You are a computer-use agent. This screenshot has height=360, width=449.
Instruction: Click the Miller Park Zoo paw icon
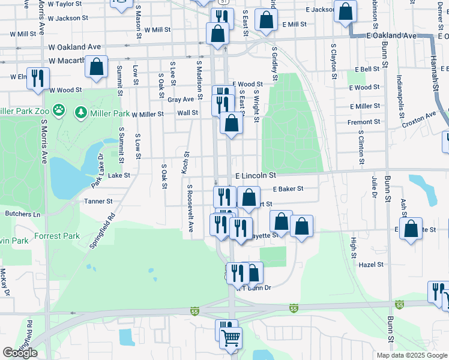[x=59, y=110]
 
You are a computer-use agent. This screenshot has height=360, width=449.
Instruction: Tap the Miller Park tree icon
[x=80, y=112]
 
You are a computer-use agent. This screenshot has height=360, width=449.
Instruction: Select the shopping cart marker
[x=231, y=338]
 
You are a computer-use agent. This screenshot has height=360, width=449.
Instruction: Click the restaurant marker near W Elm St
[x=38, y=79]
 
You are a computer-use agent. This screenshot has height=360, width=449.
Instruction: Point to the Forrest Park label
[x=57, y=236]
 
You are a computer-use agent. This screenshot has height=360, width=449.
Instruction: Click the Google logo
[x=20, y=353]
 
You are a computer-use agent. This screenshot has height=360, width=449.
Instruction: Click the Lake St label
[x=119, y=176]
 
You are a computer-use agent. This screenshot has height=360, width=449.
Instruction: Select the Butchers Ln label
[x=22, y=214]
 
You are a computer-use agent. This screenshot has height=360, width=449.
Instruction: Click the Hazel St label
[x=371, y=264]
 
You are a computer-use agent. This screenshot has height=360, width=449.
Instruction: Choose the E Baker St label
[x=288, y=188]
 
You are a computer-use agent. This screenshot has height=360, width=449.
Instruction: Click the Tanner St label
[x=98, y=202]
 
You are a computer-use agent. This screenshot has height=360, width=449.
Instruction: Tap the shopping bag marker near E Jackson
[x=346, y=11]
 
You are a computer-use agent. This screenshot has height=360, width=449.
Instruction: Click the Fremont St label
[x=364, y=122]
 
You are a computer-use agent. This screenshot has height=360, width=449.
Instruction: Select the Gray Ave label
[x=181, y=100]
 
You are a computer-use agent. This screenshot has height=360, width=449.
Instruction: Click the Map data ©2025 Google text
[x=411, y=355]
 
